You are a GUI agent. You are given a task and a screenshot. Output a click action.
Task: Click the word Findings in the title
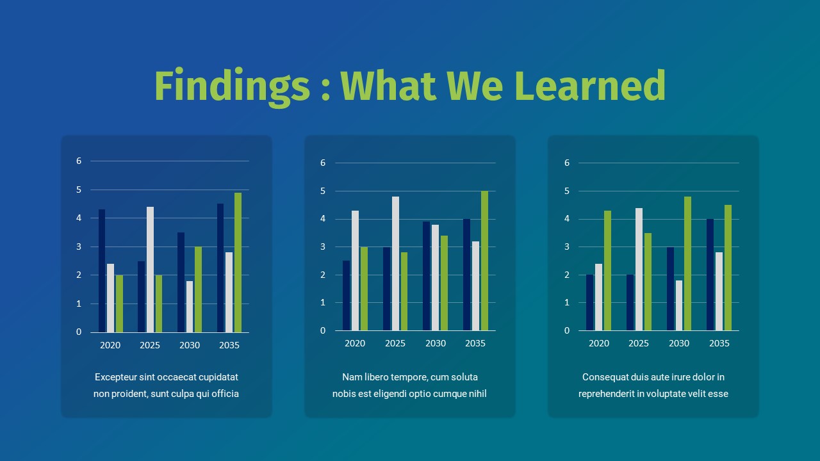(x=232, y=86)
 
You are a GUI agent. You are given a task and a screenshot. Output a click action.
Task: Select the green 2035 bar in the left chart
(x=238, y=263)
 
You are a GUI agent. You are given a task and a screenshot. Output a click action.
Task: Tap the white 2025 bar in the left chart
(x=150, y=270)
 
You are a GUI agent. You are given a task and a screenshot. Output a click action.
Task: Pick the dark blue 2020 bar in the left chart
(x=102, y=271)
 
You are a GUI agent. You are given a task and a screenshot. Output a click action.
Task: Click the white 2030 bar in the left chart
(x=190, y=307)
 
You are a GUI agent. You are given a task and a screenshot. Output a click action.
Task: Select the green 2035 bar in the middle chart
(x=484, y=261)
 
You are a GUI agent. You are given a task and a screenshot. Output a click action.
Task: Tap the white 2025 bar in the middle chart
(x=395, y=263)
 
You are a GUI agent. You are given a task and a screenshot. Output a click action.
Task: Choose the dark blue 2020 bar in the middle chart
(x=347, y=296)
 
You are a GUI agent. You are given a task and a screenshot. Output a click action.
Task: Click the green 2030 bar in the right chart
(x=687, y=263)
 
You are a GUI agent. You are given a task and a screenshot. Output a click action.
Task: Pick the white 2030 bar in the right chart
(x=679, y=305)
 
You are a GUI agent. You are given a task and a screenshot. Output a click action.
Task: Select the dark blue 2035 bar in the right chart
(x=710, y=275)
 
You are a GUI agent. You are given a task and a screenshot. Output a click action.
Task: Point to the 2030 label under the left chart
(x=190, y=345)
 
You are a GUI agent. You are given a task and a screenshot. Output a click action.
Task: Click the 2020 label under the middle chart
(x=355, y=343)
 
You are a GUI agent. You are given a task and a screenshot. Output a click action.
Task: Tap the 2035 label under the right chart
(x=719, y=343)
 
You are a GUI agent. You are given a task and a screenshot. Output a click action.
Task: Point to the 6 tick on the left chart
(x=79, y=161)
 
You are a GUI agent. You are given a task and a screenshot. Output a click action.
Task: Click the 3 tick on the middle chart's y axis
(x=323, y=247)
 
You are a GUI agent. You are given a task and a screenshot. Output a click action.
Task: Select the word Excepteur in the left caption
(x=116, y=377)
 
